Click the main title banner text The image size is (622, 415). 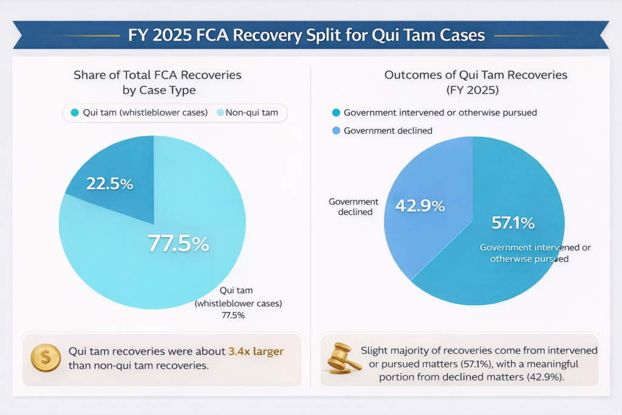coord(306,35)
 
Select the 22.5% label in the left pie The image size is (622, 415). coord(109,183)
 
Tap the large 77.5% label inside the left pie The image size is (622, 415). coord(179,244)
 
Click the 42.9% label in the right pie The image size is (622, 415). coord(420,205)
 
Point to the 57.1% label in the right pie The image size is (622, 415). coord(513,223)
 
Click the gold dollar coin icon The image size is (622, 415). coord(46,358)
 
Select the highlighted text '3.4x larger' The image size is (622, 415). coord(256,351)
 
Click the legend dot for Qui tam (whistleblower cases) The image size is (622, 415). coord(75,112)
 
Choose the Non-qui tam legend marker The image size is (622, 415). coord(219,112)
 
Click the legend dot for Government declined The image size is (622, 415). coord(336,131)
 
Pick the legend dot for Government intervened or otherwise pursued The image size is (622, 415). coord(336,112)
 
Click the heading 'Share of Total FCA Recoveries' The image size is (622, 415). coord(157,75)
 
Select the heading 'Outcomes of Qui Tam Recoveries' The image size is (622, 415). coord(476,75)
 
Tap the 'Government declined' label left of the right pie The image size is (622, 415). coord(353,207)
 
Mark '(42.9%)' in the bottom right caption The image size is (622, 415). coord(544,376)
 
